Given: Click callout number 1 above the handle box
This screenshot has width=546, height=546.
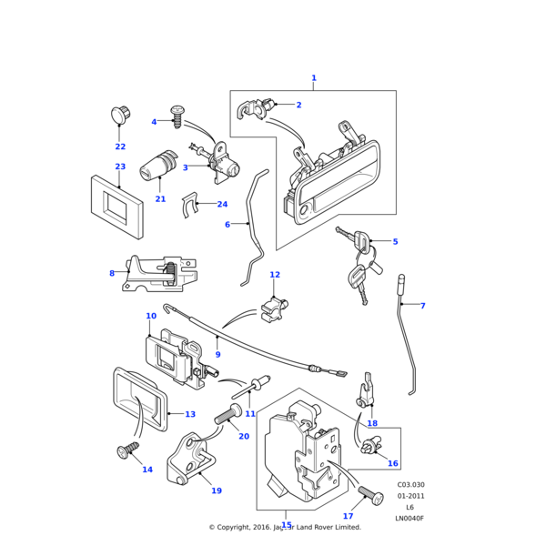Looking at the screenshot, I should pos(314,78).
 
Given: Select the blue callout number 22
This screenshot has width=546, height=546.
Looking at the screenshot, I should pos(120,147).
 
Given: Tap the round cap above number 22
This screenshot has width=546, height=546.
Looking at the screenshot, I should pos(119,114).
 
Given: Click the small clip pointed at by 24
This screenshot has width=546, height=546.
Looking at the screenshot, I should pos(190,205).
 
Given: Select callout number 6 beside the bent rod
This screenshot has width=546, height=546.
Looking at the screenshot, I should pos(227,224).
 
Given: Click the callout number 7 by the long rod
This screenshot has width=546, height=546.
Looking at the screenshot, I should pos(422,306).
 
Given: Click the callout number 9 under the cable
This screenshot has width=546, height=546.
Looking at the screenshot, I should pos(217,355).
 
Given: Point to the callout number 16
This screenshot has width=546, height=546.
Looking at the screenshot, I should pos(393,463).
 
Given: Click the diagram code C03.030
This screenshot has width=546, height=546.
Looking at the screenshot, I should pos(410,486).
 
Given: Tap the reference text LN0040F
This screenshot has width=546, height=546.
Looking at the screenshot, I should pos(409,519).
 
